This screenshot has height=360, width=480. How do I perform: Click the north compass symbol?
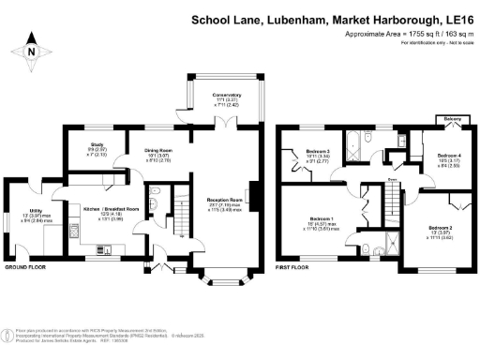(x=31, y=51)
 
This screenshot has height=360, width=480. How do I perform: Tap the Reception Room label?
(x=224, y=200)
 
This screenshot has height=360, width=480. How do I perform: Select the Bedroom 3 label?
(x=320, y=151)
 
